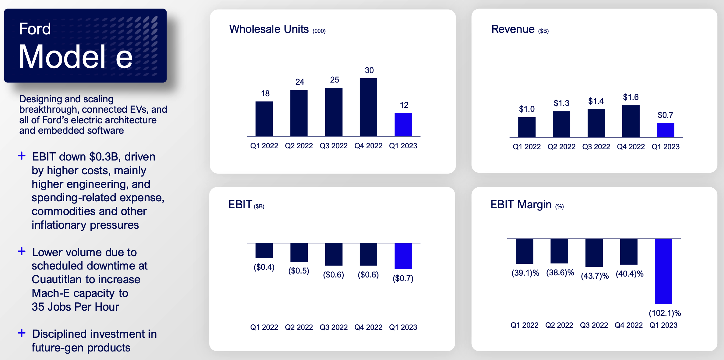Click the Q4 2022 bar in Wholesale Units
pos(368,107)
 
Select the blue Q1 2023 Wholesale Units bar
pos(403,125)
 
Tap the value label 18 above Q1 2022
pos(265,94)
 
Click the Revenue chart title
pos(513,29)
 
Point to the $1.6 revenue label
pos(631,97)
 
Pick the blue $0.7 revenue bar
pos(666,130)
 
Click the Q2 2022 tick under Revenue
pos(561,147)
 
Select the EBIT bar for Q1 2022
pos(264,250)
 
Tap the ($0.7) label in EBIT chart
pos(403,278)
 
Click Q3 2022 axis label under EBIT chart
pos(333,327)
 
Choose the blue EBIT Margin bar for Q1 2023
pos(663,271)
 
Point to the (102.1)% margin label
pos(665,313)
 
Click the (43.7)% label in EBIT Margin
pos(595,276)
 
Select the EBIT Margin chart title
pos(521,205)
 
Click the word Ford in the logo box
pos(35,29)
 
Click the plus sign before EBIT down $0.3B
pos(22,156)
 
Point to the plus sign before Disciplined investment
pos(22,333)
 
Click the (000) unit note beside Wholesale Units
pos(319,31)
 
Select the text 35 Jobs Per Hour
pos(75,307)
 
